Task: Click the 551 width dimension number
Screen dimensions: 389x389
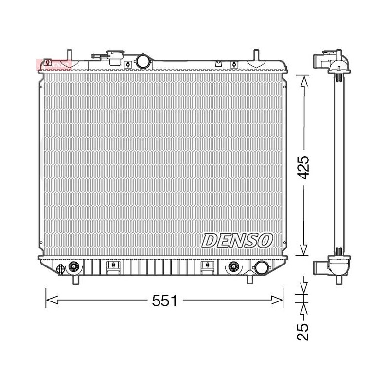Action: (x=164, y=301)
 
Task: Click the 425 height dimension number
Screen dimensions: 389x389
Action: (x=303, y=167)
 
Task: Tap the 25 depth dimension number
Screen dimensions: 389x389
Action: (x=303, y=332)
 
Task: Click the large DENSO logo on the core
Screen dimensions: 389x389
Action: (x=237, y=240)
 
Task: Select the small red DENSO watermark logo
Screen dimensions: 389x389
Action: (x=54, y=65)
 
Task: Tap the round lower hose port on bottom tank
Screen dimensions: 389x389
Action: (x=262, y=268)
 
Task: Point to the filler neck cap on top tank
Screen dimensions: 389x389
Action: (x=115, y=57)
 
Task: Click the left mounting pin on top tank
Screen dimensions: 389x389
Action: (x=70, y=55)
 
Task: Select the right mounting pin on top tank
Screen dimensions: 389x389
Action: (x=256, y=55)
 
